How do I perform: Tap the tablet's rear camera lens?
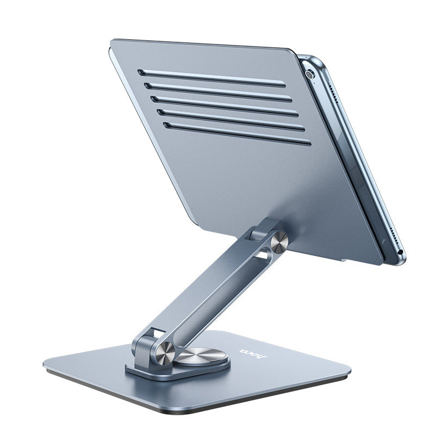pos(309,75)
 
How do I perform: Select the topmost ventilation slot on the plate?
pos(212,78)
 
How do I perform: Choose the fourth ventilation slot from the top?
pos(231,120)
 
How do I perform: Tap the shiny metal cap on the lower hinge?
pos(165,353)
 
